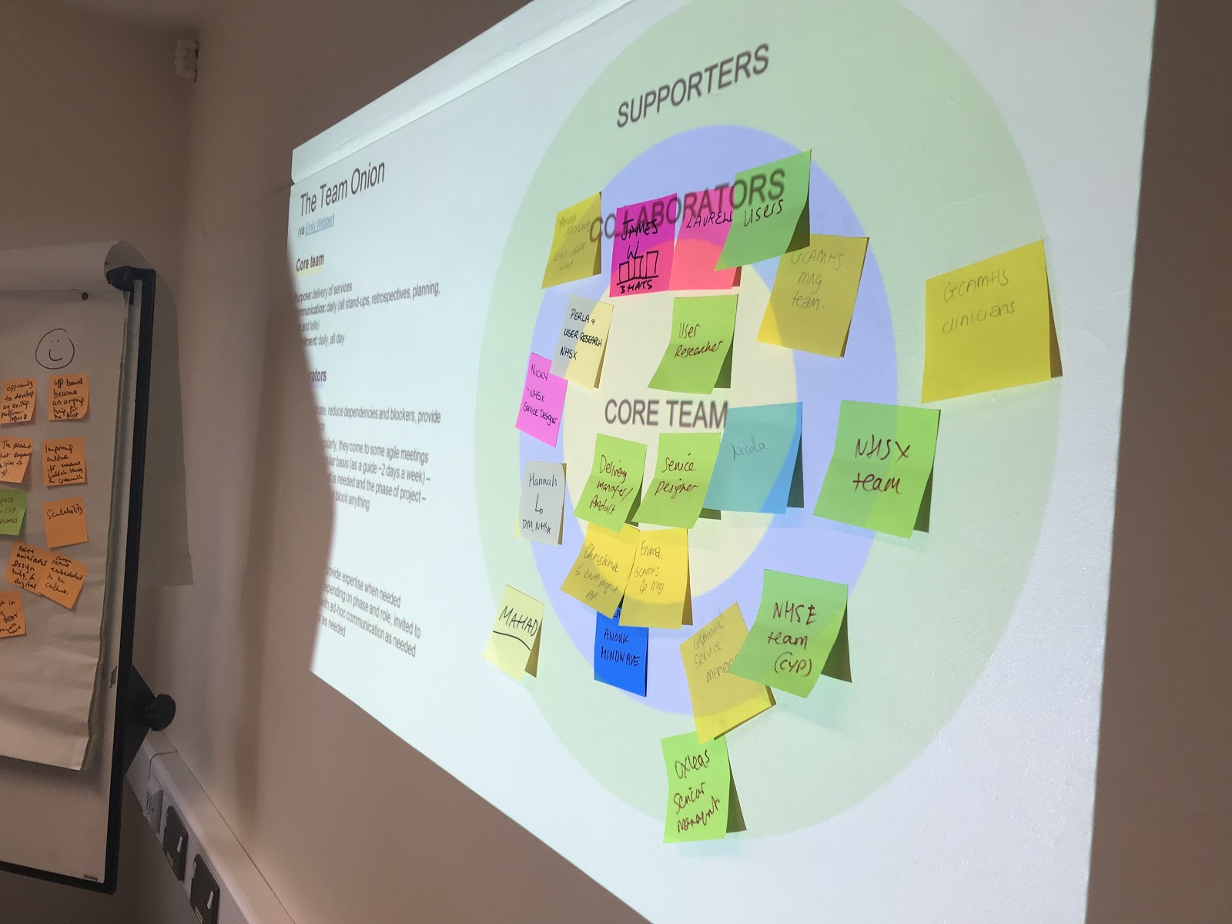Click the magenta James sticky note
coord(637,254)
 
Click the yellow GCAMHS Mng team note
coord(812,288)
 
